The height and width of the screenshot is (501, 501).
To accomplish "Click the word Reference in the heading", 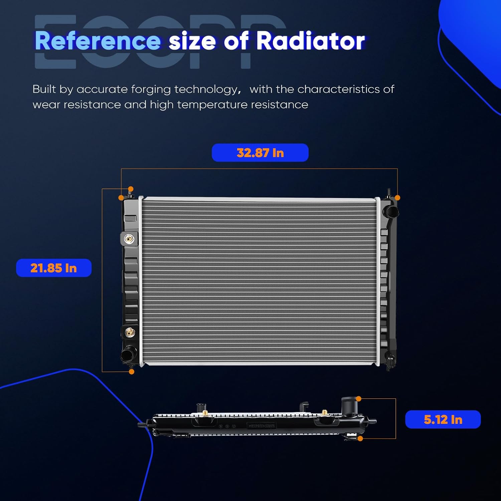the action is [x=98, y=41].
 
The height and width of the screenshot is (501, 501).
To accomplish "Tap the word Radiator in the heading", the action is [x=310, y=41].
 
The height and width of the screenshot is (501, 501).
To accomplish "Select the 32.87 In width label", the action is [x=260, y=153].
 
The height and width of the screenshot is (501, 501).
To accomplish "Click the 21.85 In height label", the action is [x=53, y=268].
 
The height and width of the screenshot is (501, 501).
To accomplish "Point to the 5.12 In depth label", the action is [x=443, y=420].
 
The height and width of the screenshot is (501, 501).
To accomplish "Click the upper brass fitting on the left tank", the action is [x=129, y=239].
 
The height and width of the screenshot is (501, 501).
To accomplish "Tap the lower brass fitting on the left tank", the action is [x=129, y=332].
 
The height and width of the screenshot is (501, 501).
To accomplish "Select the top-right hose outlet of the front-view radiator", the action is [x=391, y=211].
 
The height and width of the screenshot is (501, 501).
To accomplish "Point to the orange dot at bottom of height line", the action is [x=132, y=372].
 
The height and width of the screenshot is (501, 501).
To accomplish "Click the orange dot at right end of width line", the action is [x=397, y=198].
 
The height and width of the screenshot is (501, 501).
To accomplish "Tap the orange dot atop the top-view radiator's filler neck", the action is [x=359, y=399].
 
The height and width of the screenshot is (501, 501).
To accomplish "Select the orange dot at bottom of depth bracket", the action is [x=360, y=439].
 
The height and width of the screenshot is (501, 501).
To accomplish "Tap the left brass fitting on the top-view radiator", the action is [x=205, y=413].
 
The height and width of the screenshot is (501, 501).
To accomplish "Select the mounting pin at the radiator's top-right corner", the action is [x=389, y=193].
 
